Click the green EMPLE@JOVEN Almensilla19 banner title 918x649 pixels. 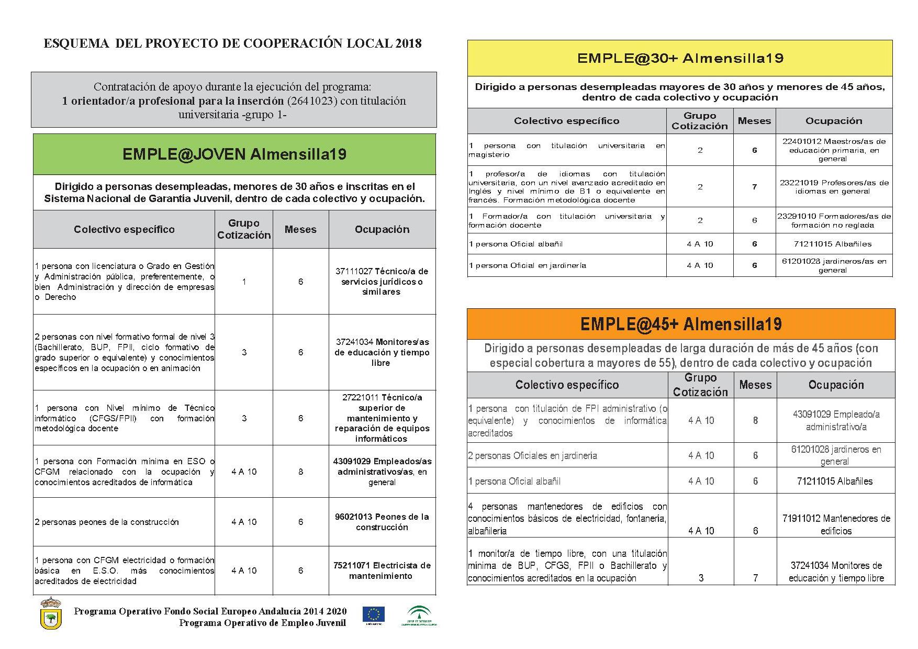click(234, 154)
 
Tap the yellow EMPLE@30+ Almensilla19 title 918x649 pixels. click(680, 58)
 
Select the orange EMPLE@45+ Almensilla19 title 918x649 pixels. click(680, 324)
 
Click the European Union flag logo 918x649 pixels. click(373, 615)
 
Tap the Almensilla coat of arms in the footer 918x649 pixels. click(51, 614)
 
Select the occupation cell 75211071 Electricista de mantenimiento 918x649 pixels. click(382, 570)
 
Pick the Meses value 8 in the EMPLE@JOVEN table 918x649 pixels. click(300, 472)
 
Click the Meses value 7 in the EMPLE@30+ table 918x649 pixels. click(754, 187)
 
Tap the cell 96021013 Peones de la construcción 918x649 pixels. click(382, 522)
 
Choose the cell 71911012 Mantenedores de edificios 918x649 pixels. click(836, 524)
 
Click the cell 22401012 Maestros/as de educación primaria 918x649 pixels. click(834, 150)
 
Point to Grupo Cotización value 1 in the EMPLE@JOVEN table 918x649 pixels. click(244, 282)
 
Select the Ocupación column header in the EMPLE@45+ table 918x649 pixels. click(836, 385)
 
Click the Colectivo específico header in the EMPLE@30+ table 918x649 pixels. click(566, 121)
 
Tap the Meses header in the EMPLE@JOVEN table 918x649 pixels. click(300, 229)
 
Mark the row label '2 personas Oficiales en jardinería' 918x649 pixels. click(532, 456)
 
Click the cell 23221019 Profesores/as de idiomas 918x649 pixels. click(834, 187)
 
